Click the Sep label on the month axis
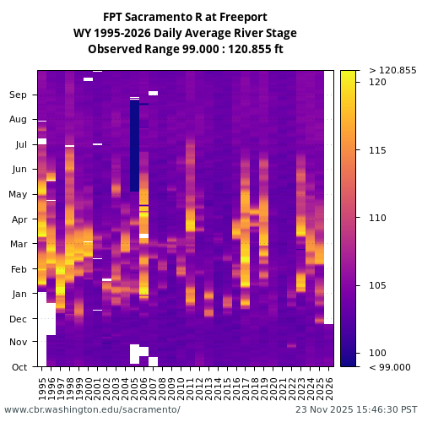tap(19, 95)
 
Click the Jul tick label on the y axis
tap(20, 145)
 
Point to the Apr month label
tap(19, 219)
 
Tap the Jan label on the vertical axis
tap(19, 294)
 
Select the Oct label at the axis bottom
tap(19, 367)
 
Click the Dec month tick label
tap(19, 319)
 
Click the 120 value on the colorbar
tap(377, 83)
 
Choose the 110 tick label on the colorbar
tap(377, 218)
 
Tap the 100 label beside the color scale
tap(377, 353)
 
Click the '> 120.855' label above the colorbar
tap(392, 70)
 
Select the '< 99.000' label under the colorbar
tap(390, 367)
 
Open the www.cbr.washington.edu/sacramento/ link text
tap(92, 409)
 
